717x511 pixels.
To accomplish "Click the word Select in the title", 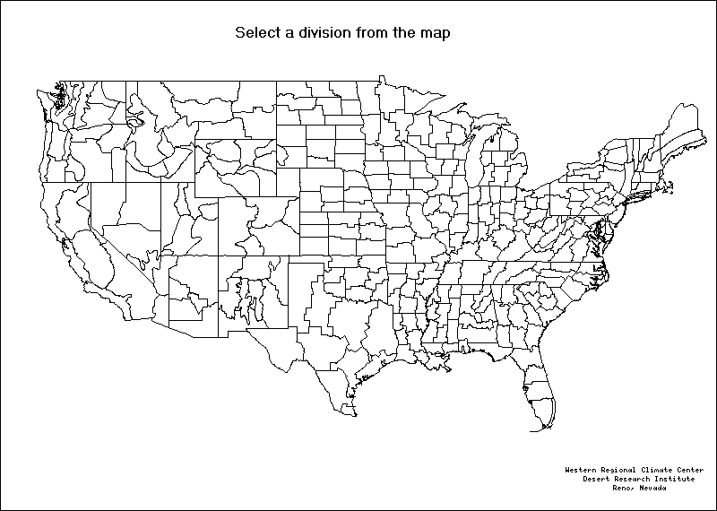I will [x=256, y=33].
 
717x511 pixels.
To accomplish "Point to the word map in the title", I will [x=434, y=33].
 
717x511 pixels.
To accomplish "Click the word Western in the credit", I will [x=583, y=470].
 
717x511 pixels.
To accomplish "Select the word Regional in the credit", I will [x=625, y=470].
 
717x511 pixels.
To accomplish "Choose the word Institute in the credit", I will [x=677, y=479].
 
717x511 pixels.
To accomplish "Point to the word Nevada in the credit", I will [x=653, y=488].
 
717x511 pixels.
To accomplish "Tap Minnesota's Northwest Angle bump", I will [x=380, y=78].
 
